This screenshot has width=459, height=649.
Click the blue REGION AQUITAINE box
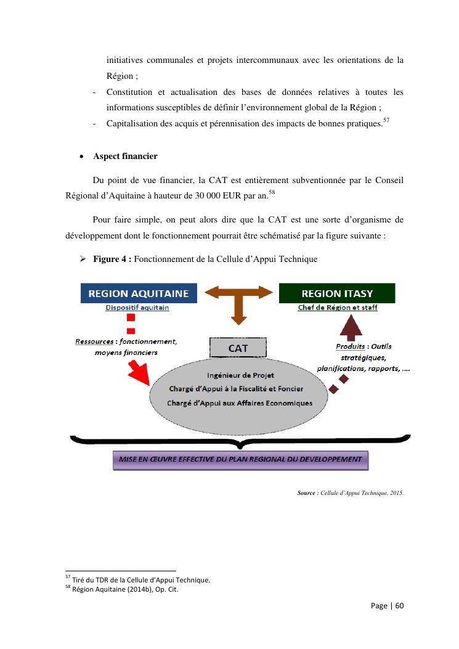(x=139, y=293)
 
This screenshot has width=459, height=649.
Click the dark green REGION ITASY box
(x=337, y=293)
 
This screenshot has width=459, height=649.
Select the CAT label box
(x=238, y=348)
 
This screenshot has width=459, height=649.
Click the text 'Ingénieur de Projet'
(x=241, y=375)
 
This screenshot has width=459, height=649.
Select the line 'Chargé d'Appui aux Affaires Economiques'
(x=240, y=403)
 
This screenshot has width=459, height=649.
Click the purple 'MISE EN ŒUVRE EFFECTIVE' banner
(x=240, y=459)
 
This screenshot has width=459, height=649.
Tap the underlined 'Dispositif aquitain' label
(x=137, y=308)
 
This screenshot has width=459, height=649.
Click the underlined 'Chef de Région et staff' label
(x=338, y=308)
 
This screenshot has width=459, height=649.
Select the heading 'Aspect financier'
(x=125, y=157)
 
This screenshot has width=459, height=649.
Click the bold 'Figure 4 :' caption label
(x=112, y=259)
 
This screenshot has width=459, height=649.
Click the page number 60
(x=399, y=605)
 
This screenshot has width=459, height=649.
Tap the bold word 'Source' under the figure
(x=307, y=492)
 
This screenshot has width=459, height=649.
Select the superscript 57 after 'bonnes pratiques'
(x=387, y=120)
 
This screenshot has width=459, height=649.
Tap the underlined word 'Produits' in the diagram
(x=350, y=346)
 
